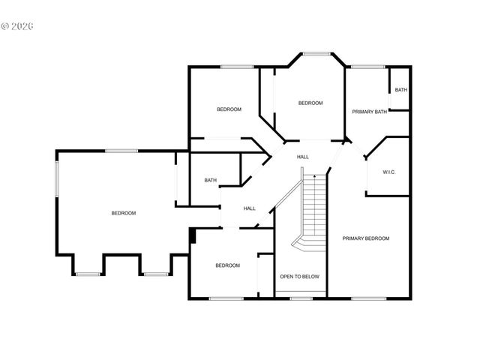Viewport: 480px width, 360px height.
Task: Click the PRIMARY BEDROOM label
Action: pos(366,238)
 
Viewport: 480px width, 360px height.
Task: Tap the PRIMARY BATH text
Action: pos(370,112)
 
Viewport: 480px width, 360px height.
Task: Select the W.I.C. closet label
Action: pos(388,172)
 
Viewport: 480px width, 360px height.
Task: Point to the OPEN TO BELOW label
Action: pos(299,277)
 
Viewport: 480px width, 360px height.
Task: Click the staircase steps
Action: pos(315,210)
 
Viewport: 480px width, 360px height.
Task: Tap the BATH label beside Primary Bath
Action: pos(401,91)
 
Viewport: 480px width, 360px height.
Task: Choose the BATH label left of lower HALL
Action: pos(211,180)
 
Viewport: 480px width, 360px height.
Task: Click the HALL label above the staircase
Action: pos(303,157)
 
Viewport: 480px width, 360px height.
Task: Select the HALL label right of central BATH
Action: pos(249,208)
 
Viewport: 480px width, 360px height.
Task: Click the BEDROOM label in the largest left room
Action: pos(124,213)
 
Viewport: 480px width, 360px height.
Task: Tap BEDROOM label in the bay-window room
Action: pos(310,103)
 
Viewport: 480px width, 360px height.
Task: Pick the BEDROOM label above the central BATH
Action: pos(229,109)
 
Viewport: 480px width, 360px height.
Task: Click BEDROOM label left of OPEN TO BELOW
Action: pos(227,265)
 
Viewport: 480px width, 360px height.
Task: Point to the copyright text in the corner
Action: pos(18,25)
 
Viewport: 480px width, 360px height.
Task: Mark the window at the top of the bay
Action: pos(316,53)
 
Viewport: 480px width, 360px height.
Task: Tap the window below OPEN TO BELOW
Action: pos(301,298)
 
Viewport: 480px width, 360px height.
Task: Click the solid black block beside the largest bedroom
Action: pos(193,236)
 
